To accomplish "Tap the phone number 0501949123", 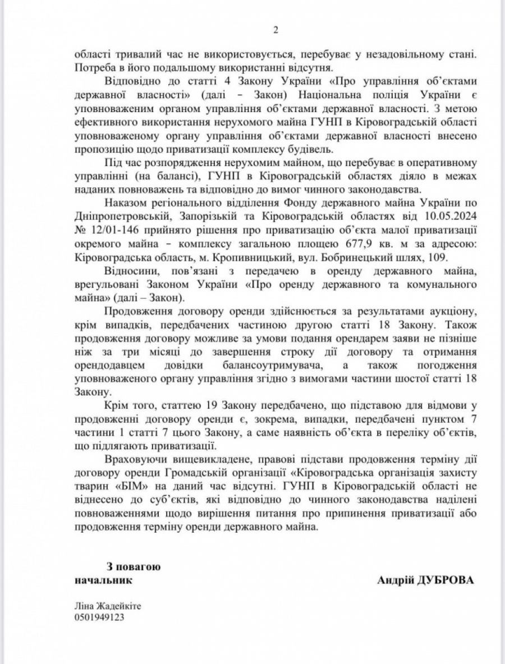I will (99, 617).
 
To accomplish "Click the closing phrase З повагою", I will (133, 566).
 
